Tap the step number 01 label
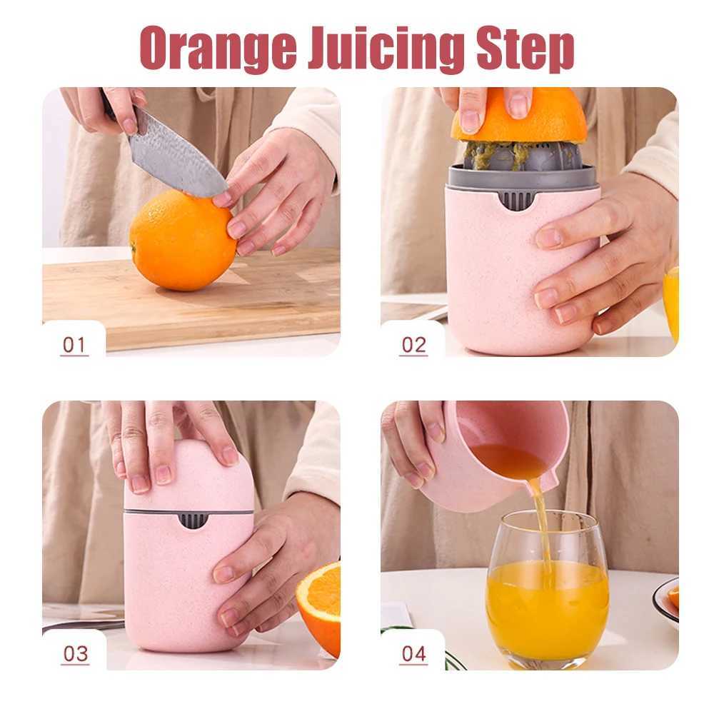(x=74, y=346)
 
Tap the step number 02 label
(x=413, y=346)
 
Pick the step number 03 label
(x=74, y=654)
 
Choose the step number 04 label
(x=413, y=654)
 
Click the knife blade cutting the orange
(x=175, y=161)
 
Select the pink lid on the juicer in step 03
(x=182, y=475)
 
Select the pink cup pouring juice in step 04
(x=493, y=457)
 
